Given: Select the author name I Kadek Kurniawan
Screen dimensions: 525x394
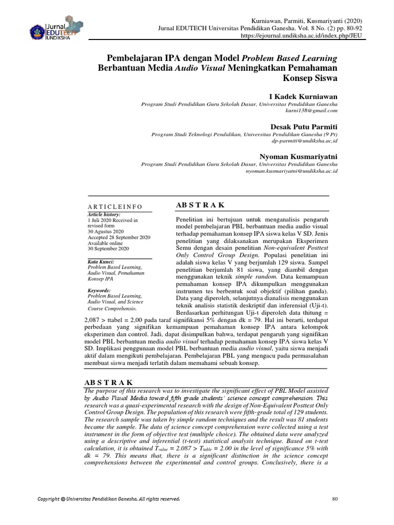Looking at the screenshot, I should click(x=303, y=96).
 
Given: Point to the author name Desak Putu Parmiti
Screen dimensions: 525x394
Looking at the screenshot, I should click(x=304, y=126).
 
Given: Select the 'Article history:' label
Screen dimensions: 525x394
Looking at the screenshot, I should click(x=104, y=214).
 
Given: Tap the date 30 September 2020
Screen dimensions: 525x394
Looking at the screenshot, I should click(x=109, y=249).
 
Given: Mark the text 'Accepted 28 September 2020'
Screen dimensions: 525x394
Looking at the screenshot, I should click(x=119, y=237).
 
